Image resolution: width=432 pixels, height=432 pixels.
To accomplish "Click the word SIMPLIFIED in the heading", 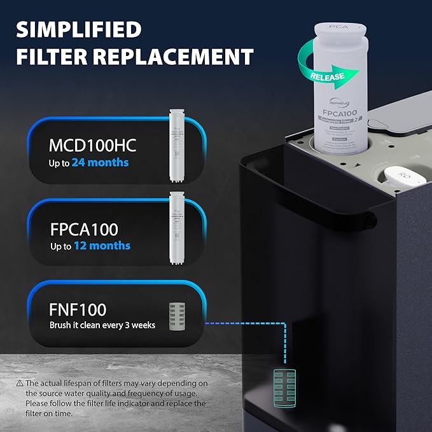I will point(78,29).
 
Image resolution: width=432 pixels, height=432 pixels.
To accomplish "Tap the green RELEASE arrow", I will point(328,76).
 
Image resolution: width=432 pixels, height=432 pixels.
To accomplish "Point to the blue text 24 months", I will point(100,163).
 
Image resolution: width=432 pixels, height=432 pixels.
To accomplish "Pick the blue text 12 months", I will point(101,246).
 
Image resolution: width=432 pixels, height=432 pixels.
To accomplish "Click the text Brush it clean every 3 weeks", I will point(102,325).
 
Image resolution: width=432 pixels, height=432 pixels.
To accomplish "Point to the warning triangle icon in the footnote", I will point(19,383).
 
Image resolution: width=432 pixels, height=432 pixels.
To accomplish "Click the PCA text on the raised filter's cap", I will point(338,29).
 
